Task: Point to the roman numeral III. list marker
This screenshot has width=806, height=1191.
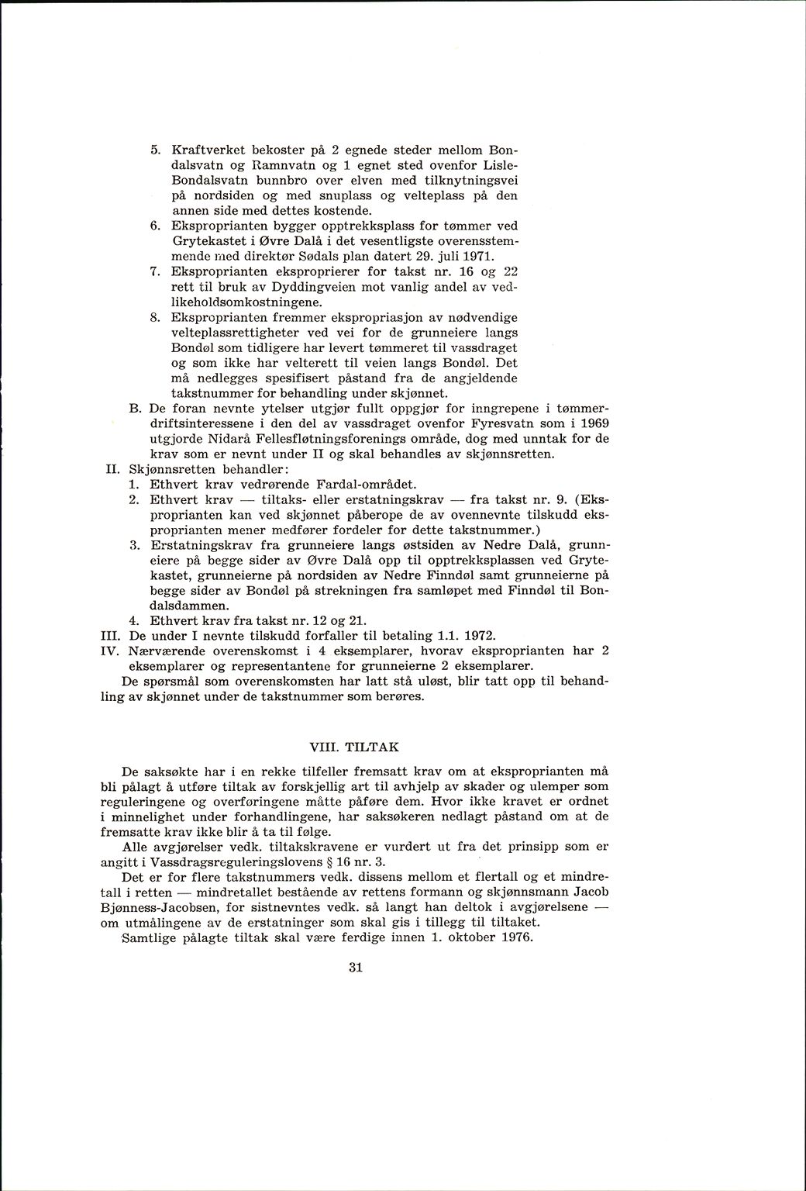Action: tap(108, 636)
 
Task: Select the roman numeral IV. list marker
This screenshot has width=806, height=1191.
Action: tap(108, 651)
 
